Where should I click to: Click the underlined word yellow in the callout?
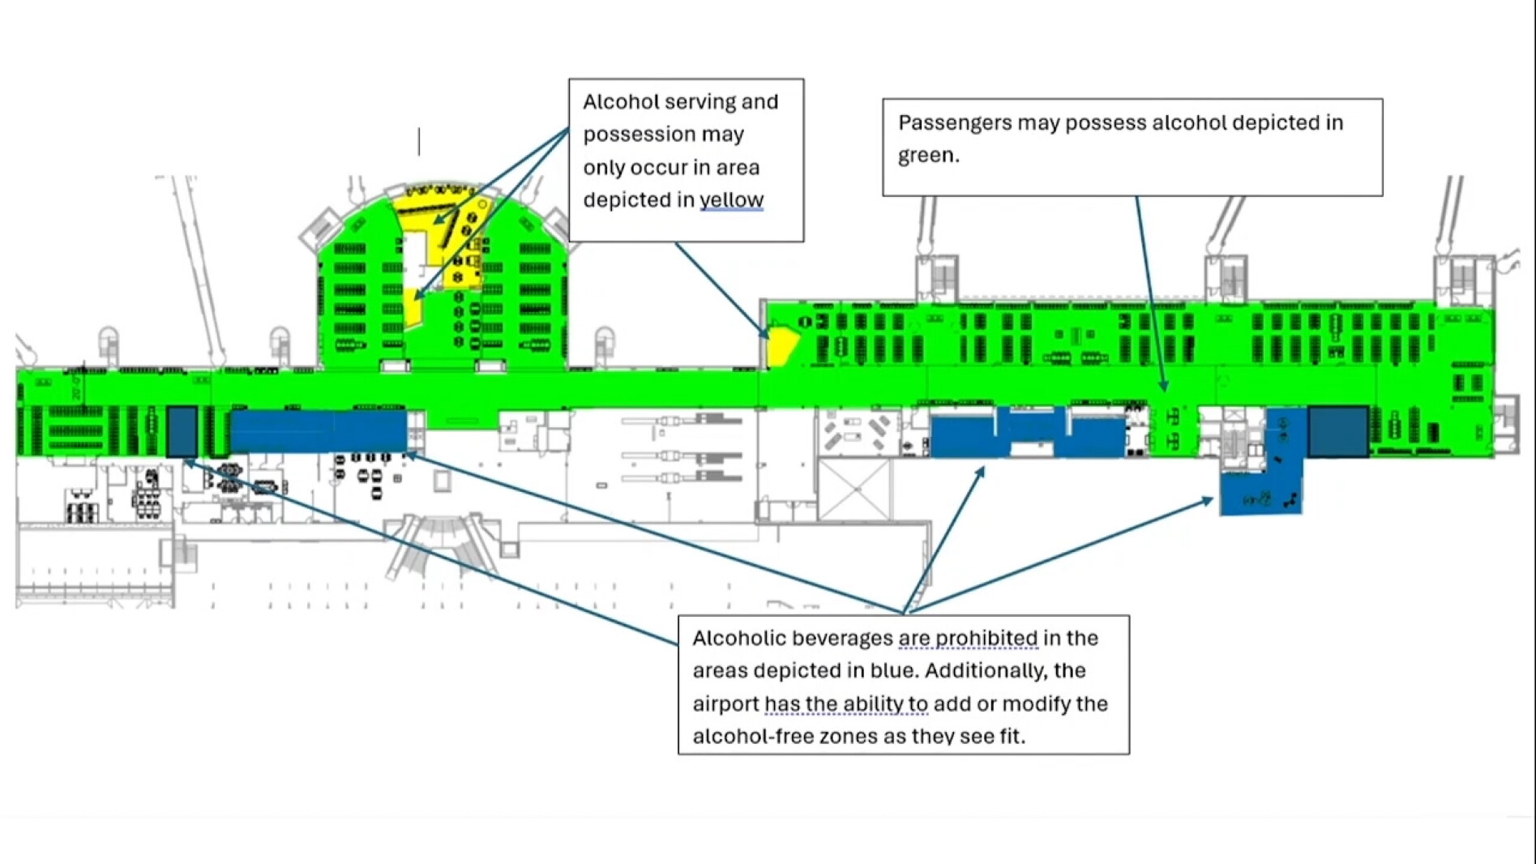point(731,200)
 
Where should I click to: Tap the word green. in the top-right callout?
point(928,156)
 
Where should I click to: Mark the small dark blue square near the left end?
point(182,431)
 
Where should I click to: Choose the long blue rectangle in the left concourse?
point(319,431)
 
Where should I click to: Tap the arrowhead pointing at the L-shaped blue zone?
point(1207,501)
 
